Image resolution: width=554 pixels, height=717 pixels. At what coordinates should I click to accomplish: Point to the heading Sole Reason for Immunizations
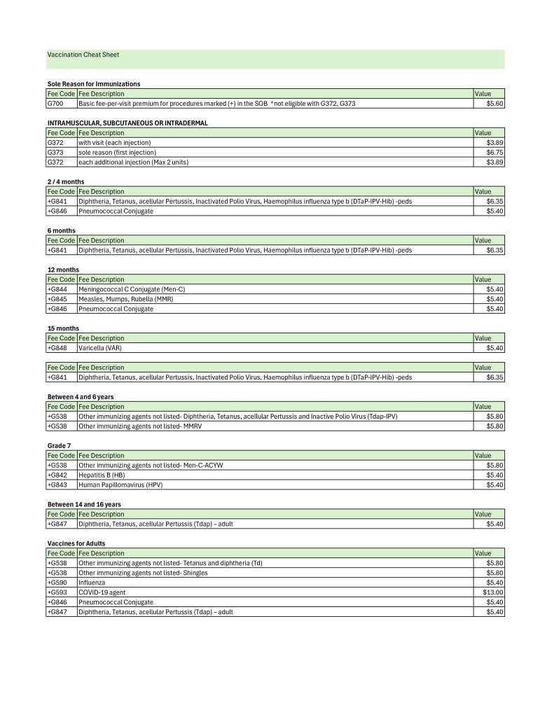[94, 84]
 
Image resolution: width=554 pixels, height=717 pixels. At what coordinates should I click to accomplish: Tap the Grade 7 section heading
[60, 445]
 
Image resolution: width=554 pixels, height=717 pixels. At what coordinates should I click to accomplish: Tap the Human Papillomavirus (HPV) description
[120, 485]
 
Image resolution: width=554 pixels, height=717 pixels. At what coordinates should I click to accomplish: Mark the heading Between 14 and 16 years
[87, 504]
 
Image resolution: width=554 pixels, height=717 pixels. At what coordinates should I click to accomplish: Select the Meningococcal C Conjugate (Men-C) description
[132, 289]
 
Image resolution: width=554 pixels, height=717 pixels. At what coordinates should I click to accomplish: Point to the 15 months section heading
[63, 328]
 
